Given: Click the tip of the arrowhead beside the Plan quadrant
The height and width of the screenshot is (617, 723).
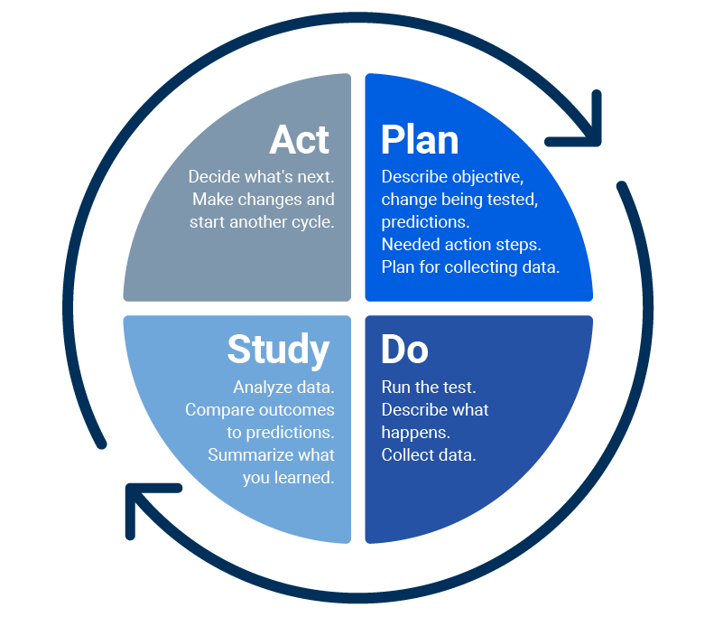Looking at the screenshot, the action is pos(598,143).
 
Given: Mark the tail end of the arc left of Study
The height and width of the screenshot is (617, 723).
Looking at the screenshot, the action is pos(102,444).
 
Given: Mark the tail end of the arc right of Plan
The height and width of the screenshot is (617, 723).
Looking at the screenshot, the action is pos(622,186).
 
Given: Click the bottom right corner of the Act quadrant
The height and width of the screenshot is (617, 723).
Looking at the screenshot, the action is pos(351,302).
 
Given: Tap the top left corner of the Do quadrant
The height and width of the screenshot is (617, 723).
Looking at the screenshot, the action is pos(366,315).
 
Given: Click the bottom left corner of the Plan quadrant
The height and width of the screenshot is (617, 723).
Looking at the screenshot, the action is pos(366,302).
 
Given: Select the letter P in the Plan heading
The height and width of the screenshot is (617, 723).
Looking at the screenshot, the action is pos(393,140).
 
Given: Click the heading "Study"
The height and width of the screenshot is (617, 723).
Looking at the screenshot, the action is pos(278,351).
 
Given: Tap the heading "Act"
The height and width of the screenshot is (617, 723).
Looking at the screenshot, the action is pos(300,140).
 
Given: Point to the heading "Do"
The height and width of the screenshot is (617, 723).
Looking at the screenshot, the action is pos(405,350).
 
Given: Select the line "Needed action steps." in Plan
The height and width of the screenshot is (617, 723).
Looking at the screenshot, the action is pos(461,245).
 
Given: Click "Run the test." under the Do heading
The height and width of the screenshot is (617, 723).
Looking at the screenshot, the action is pos(429,388).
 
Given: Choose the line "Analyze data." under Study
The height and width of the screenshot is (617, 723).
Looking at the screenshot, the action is pos(283,388).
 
